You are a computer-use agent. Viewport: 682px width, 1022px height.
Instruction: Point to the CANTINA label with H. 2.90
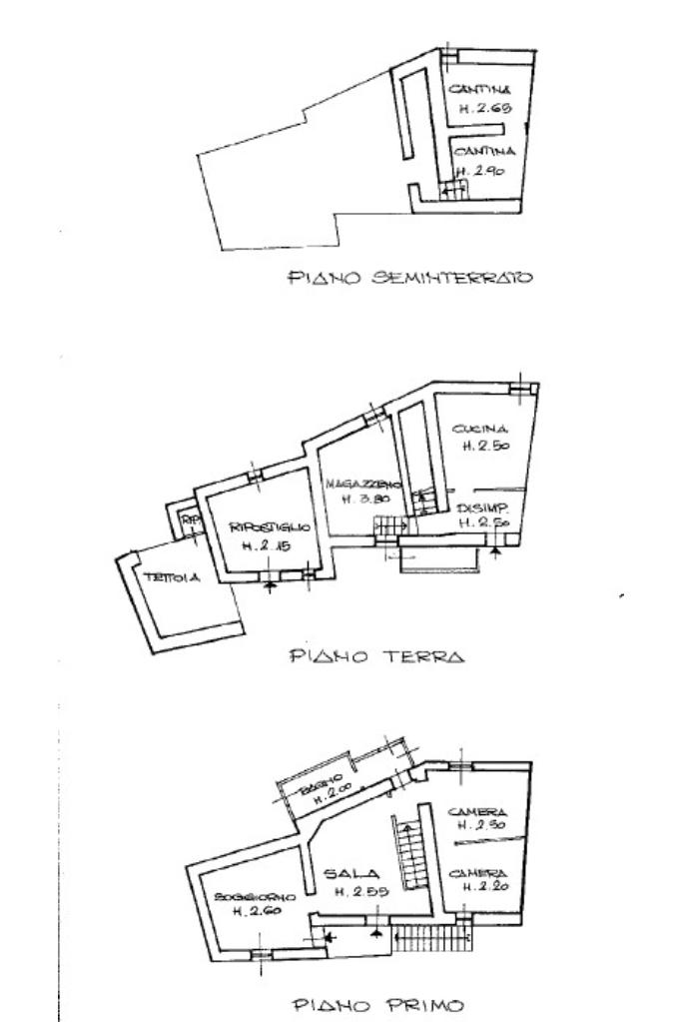[484, 151]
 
